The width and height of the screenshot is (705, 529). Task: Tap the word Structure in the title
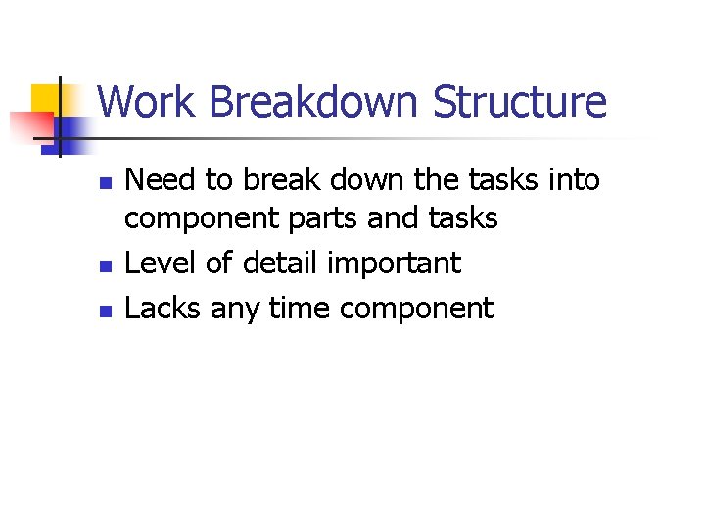(520, 102)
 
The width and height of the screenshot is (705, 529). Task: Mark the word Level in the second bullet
(162, 264)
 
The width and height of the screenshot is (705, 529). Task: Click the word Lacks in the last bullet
(164, 309)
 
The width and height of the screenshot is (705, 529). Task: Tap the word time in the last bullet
(299, 309)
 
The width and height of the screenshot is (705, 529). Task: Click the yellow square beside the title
(46, 100)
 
